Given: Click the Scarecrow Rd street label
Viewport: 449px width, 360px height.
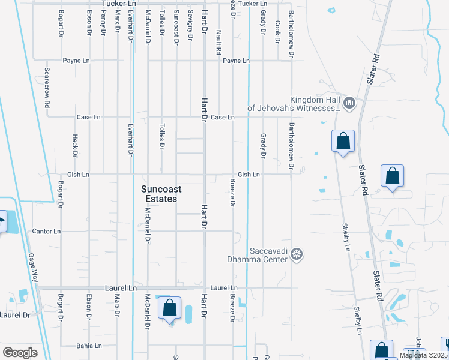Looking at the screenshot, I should click(x=46, y=88).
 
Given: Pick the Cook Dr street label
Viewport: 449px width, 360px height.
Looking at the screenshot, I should click(x=277, y=32).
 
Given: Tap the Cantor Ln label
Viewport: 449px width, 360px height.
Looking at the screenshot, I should click(x=46, y=231).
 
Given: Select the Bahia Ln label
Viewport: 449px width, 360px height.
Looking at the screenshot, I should click(x=89, y=346).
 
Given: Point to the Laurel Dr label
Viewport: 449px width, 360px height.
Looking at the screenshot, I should click(x=15, y=314).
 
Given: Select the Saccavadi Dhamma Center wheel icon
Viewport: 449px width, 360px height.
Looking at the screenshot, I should click(x=296, y=255).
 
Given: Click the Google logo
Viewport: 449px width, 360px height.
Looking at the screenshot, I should click(x=20, y=353).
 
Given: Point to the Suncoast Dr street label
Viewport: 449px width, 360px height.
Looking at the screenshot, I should click(x=176, y=28).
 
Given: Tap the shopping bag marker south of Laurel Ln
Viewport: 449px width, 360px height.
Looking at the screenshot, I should click(x=170, y=308).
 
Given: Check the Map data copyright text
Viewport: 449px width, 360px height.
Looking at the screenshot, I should click(x=424, y=355).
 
